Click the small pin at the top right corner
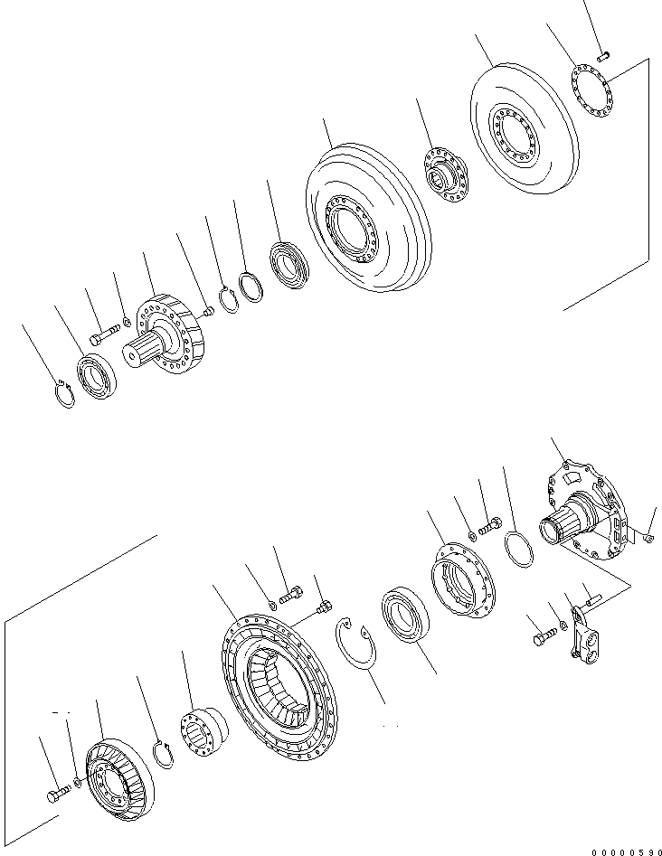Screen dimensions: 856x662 tap(605, 57)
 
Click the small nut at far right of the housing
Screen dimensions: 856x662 tap(649, 540)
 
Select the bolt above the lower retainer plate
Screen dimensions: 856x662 tap(493, 523)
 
